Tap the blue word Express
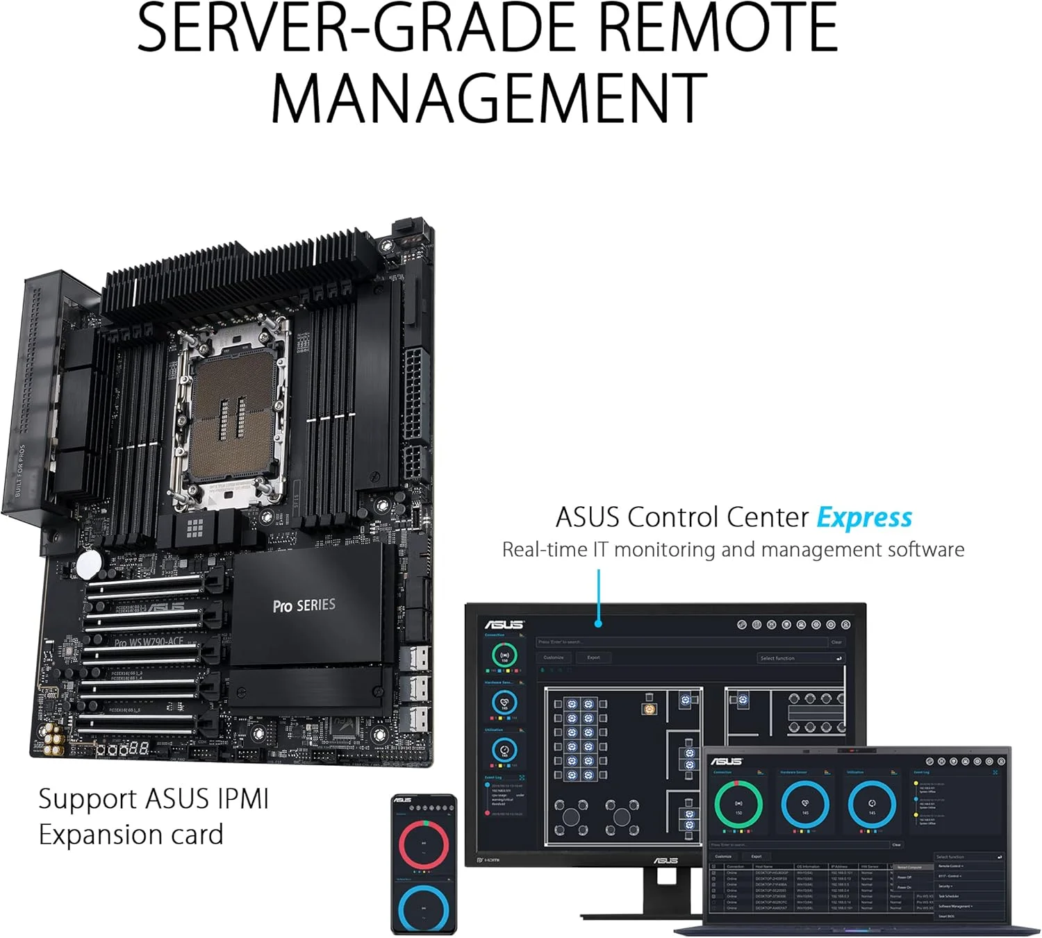point(864,518)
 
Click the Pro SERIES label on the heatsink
point(304,605)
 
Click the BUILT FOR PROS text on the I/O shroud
point(19,470)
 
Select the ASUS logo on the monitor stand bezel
point(665,861)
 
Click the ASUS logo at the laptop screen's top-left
point(726,761)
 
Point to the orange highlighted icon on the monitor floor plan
point(650,709)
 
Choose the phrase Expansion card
point(131,835)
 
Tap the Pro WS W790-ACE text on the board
point(149,642)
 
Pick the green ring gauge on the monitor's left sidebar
point(504,655)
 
